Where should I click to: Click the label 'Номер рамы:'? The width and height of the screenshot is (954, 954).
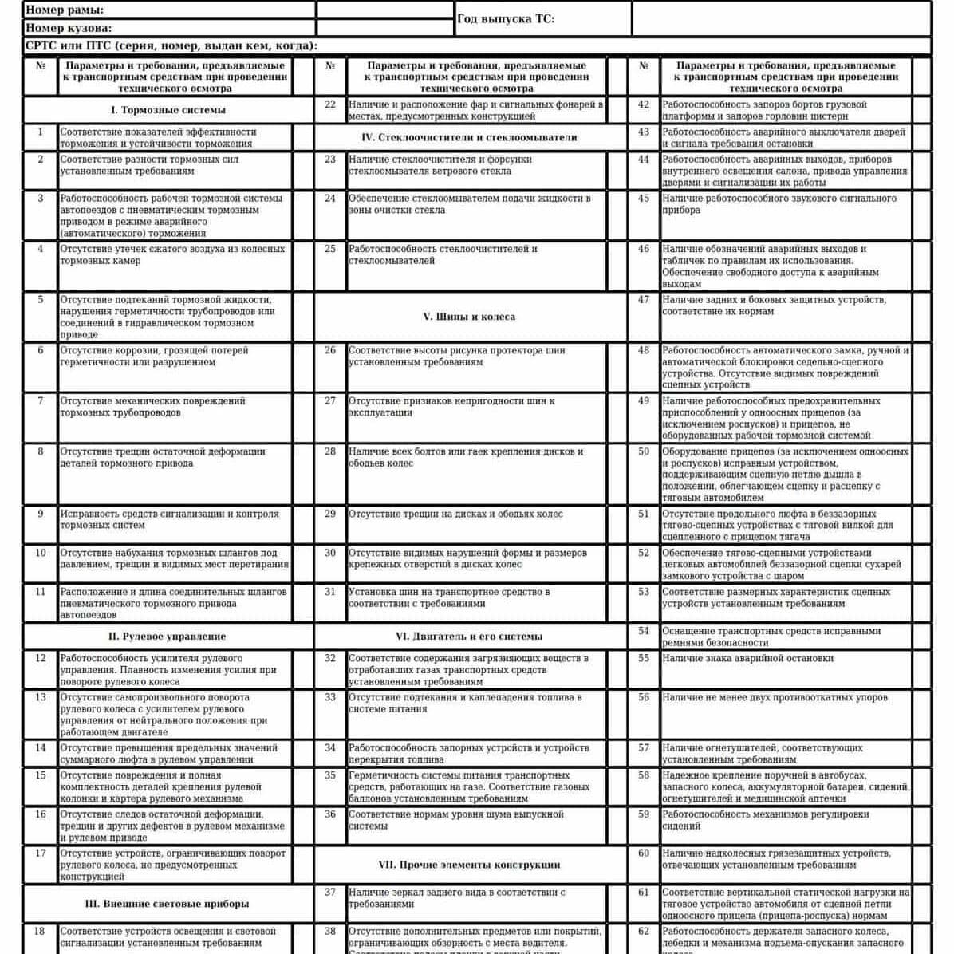tap(65, 10)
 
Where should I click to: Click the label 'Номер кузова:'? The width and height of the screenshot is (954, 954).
tap(69, 28)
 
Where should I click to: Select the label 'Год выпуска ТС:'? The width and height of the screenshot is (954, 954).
tap(506, 19)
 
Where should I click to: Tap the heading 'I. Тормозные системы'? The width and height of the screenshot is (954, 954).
tap(168, 110)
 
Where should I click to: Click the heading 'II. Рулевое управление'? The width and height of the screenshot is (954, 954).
tap(168, 637)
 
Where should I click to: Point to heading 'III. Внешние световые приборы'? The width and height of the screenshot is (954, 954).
tap(168, 904)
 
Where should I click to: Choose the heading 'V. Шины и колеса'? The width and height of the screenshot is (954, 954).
tap(469, 317)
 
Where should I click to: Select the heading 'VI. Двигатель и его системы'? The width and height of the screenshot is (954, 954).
tap(469, 637)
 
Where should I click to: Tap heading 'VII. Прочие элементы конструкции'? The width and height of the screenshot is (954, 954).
tap(469, 865)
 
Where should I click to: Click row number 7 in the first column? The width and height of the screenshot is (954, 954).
tap(41, 401)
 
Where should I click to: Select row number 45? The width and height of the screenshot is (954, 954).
tap(644, 199)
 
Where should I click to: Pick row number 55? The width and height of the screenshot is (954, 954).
tap(644, 659)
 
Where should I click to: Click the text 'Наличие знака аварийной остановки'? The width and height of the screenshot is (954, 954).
tap(747, 659)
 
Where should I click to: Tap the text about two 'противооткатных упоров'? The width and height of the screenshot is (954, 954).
tap(775, 697)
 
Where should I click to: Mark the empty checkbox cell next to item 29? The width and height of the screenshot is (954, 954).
tap(617, 526)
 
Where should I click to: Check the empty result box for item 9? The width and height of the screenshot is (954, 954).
tap(303, 526)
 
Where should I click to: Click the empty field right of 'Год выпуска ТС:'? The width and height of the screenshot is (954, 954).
tap(781, 19)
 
